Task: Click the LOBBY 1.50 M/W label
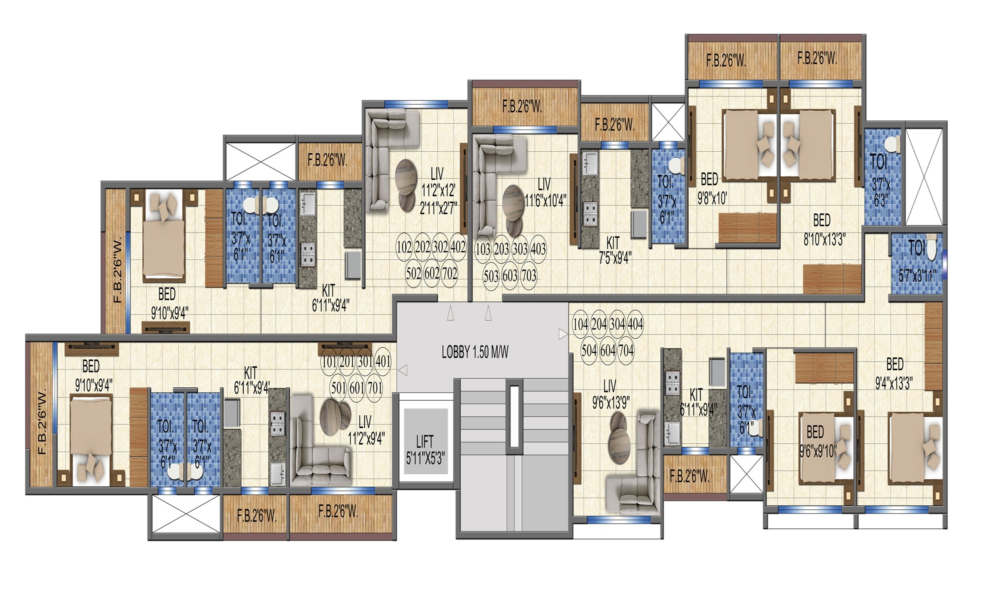(475, 352)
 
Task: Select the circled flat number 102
(404, 247)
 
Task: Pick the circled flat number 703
(529, 275)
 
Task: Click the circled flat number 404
(635, 325)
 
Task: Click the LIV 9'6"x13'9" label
(610, 394)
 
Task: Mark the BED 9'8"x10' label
(712, 189)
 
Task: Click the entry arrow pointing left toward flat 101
(403, 370)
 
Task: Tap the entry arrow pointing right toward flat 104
(563, 334)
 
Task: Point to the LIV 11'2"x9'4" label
(365, 430)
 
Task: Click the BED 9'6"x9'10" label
(818, 441)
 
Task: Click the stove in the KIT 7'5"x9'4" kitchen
(590, 213)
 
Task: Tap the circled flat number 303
(520, 249)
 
